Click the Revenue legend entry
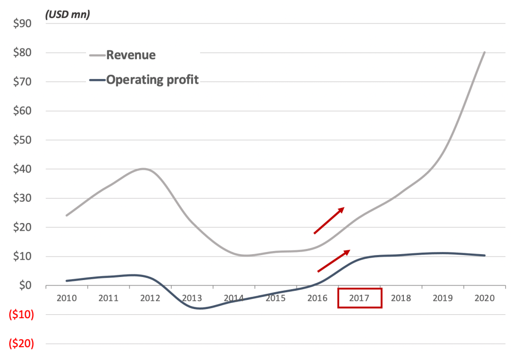(x=131, y=55)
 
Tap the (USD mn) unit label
(x=68, y=14)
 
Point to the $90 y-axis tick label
(x=22, y=23)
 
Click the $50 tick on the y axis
(x=22, y=140)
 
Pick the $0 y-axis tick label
(x=24, y=286)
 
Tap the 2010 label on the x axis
(x=67, y=298)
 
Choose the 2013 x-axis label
(x=192, y=298)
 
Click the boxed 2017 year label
(x=360, y=298)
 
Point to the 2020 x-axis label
(x=484, y=298)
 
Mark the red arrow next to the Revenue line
(x=329, y=220)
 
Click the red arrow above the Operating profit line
(x=334, y=261)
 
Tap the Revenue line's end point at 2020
(x=484, y=52)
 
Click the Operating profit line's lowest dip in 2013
(x=200, y=308)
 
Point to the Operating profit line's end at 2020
(x=484, y=256)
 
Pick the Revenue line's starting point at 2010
(x=67, y=215)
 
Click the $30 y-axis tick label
(x=22, y=198)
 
